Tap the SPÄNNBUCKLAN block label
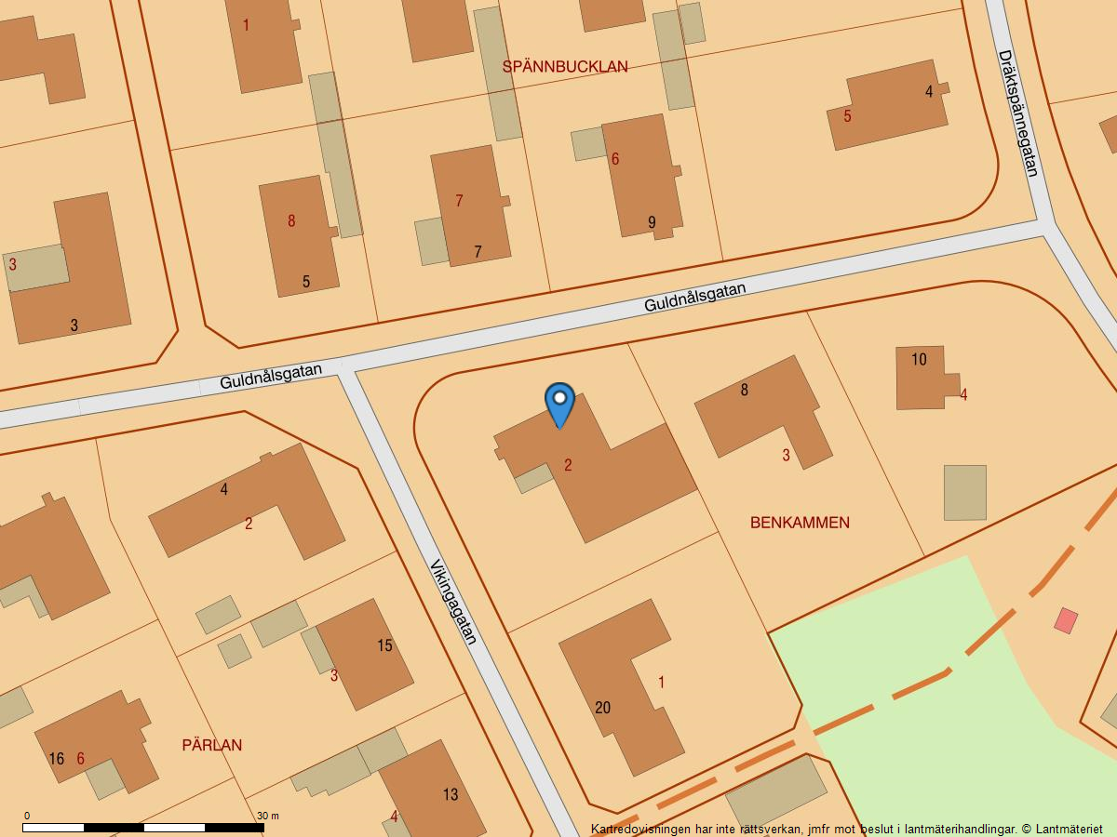[565, 66]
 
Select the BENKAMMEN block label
[800, 523]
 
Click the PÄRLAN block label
[212, 745]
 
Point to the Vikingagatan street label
[453, 602]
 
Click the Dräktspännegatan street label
[1017, 113]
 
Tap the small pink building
[1066, 620]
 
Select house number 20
[602, 708]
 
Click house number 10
[919, 360]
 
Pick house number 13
[451, 794]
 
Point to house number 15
[384, 645]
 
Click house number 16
[56, 759]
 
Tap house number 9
[652, 222]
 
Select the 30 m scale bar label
[267, 816]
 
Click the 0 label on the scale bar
[26, 816]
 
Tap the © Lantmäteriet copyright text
[1061, 829]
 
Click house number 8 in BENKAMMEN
[744, 390]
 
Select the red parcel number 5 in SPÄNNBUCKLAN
[847, 116]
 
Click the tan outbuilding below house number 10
[965, 493]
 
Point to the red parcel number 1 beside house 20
[662, 683]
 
